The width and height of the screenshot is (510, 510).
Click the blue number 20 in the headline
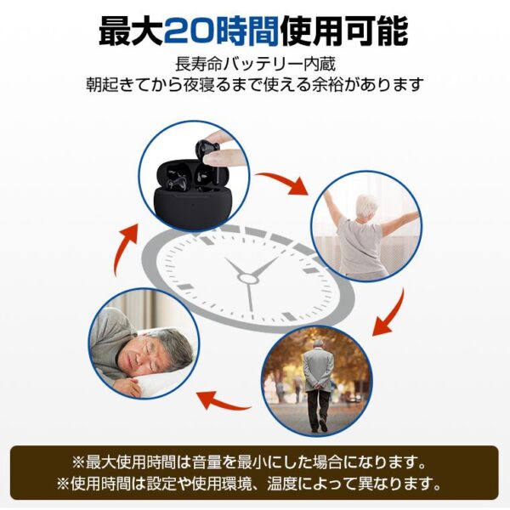pyautogui.click(x=193, y=31)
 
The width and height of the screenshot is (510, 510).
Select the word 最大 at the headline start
pyautogui.click(x=129, y=31)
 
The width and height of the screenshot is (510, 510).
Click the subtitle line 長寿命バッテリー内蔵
pyautogui.click(x=254, y=65)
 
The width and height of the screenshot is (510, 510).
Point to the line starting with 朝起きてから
pyautogui.click(x=254, y=86)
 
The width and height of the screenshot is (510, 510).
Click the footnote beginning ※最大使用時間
pyautogui.click(x=254, y=463)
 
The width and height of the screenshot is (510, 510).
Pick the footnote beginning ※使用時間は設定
pyautogui.click(x=254, y=484)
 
